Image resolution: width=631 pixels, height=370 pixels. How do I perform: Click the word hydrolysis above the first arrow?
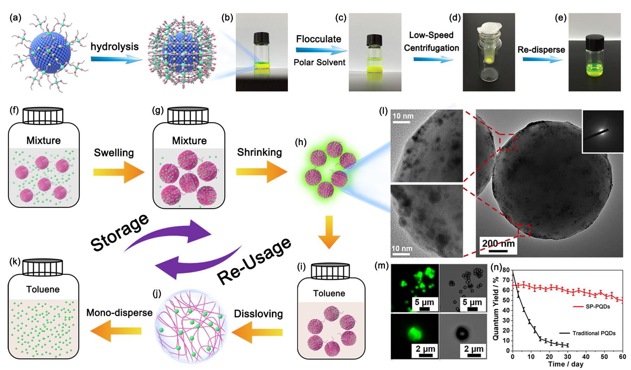[x=114, y=46]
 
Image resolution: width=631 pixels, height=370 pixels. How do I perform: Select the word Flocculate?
[x=319, y=39]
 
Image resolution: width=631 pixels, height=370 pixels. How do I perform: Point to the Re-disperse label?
[x=541, y=50]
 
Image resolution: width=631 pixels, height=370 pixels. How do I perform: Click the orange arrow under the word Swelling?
[x=119, y=172]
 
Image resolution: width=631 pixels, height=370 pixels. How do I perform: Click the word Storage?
[x=120, y=233]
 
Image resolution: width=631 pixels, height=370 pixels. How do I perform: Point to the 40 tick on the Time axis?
[x=586, y=357]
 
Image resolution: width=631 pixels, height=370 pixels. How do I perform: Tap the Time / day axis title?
[x=564, y=364]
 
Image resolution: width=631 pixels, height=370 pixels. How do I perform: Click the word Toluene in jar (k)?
[x=43, y=290]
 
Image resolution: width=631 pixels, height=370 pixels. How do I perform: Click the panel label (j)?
[x=157, y=294]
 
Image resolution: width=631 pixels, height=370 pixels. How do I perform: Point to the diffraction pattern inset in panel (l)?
[x=602, y=132]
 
